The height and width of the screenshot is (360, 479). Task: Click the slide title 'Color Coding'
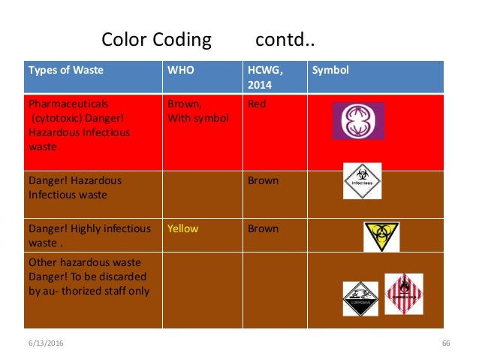156,39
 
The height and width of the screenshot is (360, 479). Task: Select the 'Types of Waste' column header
66,71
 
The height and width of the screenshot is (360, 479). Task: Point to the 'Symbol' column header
330,71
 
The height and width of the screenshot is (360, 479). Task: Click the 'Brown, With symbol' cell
197,110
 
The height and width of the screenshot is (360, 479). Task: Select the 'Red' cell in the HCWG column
257,104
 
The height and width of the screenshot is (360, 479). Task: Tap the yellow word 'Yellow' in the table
182,228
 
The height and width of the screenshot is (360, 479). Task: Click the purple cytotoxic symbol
359,121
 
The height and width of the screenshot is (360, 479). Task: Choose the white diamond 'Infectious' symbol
363,181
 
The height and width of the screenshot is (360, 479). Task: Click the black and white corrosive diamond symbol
361,298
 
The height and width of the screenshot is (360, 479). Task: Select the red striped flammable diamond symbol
403,293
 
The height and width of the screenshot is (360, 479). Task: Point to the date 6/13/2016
43,343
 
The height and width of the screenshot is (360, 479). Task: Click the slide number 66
445,343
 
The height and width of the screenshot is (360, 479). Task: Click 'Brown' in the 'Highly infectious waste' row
263,228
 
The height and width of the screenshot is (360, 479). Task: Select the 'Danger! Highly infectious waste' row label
79,235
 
